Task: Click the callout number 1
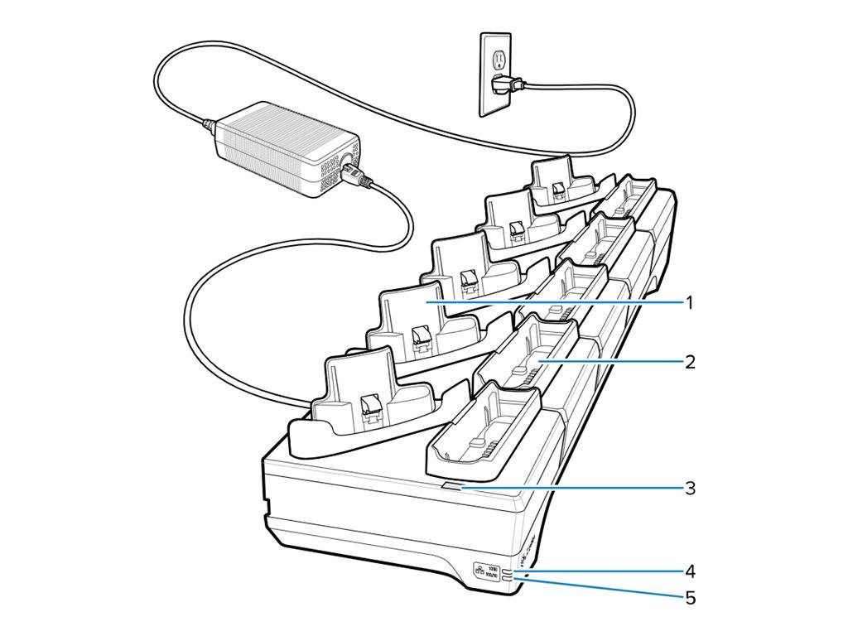(688, 303)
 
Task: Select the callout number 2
(689, 362)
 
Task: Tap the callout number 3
(689, 488)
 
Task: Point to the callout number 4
(689, 571)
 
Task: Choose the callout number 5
(689, 597)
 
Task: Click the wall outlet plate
(495, 74)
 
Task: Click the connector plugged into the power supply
(354, 175)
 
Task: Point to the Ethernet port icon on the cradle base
(479, 571)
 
